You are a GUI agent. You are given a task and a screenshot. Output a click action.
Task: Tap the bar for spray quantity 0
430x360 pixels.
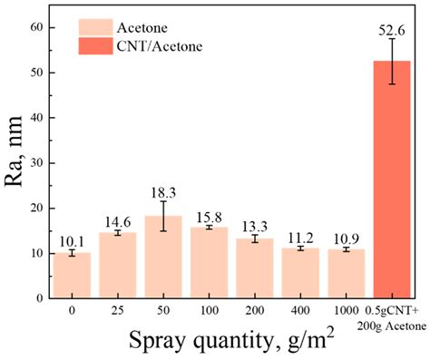[x=71, y=276]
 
